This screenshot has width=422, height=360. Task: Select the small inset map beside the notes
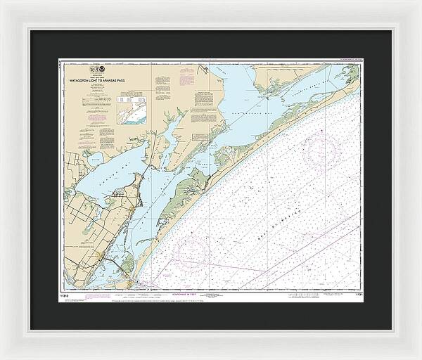tap(130, 110)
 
